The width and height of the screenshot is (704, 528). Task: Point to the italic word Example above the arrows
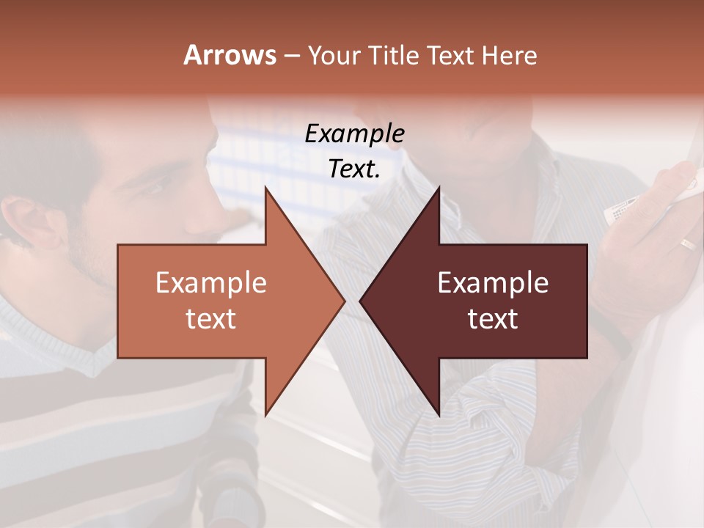point(354,133)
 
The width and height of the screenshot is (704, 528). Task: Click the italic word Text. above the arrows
point(354,169)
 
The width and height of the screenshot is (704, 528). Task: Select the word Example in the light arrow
point(211,282)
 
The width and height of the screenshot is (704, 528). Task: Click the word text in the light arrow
point(211,318)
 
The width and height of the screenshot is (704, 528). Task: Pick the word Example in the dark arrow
point(493,282)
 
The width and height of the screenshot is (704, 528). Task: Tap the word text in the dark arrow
point(493,318)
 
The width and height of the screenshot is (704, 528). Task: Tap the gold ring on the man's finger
point(687,244)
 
